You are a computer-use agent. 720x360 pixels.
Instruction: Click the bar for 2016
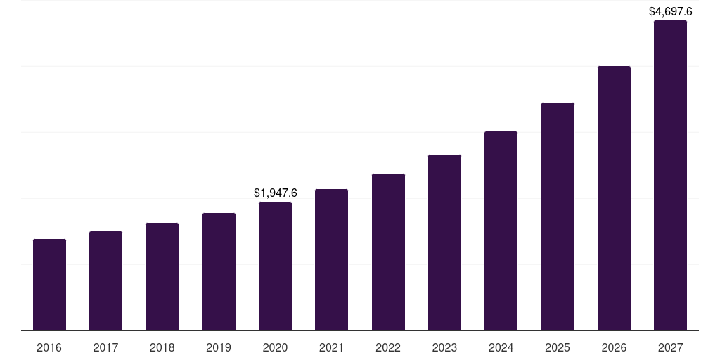tap(49, 285)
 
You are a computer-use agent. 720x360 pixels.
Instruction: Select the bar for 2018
tap(162, 276)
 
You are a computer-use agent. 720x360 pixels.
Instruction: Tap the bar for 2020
tap(275, 266)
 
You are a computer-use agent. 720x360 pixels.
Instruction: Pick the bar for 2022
tap(388, 252)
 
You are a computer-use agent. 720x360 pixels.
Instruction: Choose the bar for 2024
tap(501, 231)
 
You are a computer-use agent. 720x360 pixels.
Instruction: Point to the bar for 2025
tap(558, 217)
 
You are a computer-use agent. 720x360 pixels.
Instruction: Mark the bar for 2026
tap(614, 198)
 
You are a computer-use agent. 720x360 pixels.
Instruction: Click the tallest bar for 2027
tap(670, 176)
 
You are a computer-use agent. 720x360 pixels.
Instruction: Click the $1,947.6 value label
tap(275, 193)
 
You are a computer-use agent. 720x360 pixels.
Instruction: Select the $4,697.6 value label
tap(670, 11)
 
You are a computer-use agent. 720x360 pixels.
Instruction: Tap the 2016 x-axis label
tap(49, 348)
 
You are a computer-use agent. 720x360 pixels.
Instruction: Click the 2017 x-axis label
tap(105, 348)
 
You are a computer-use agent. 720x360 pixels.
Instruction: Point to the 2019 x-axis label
tap(219, 348)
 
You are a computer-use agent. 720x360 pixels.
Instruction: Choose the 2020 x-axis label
tap(275, 348)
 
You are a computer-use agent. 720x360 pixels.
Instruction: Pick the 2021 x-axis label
tap(331, 348)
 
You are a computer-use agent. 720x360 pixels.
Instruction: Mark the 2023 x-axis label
tap(444, 348)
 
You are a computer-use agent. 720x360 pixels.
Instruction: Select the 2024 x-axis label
tap(501, 348)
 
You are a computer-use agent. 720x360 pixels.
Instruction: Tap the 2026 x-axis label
tap(614, 348)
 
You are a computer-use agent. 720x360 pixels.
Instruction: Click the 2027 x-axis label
tap(670, 348)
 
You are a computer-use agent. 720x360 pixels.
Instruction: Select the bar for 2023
tap(444, 243)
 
